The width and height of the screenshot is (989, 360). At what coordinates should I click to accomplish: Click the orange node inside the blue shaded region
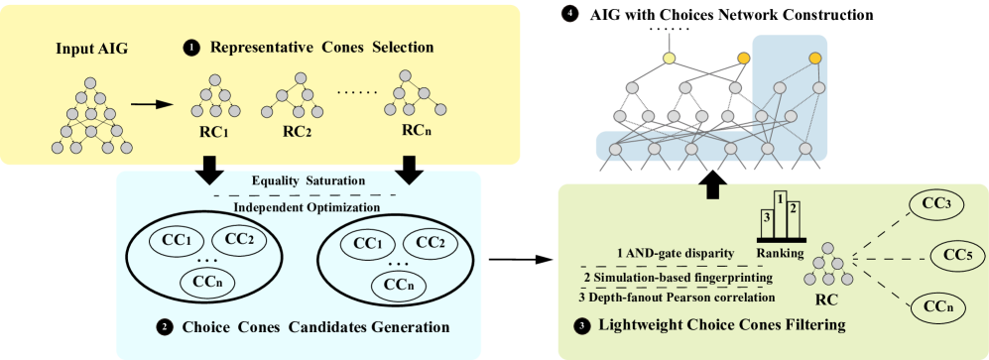click(815, 60)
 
